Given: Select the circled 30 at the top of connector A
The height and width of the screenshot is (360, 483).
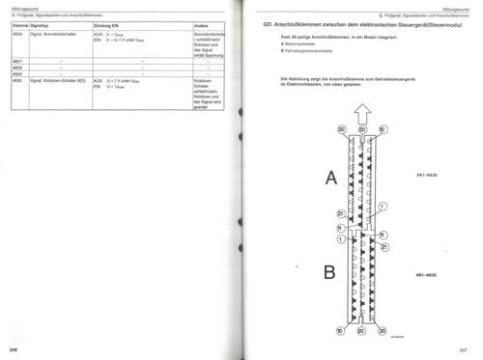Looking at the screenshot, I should point(341,129).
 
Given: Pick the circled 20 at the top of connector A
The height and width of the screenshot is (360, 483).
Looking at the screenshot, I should point(362,129).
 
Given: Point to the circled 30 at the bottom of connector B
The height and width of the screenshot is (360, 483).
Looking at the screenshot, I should point(383,330).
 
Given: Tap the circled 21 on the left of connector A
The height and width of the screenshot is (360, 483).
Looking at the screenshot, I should point(340,213).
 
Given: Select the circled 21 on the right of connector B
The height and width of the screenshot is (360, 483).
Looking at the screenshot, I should point(384,246).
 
